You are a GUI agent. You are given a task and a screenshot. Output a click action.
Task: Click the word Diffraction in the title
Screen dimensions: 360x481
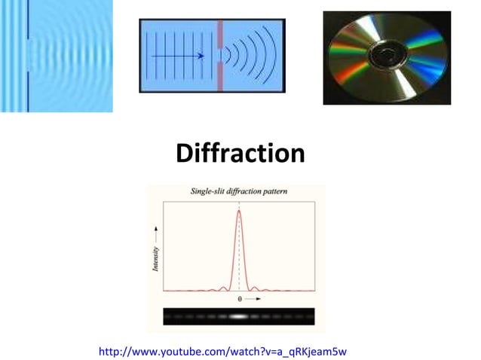[240, 154]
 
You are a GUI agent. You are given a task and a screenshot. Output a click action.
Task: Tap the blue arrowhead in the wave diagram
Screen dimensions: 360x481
[201, 56]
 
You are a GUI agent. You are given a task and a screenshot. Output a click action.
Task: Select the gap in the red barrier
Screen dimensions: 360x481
[220, 55]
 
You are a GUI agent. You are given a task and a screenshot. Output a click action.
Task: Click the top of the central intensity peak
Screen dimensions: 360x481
[239, 211]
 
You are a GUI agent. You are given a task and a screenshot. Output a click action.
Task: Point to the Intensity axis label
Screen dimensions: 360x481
[156, 259]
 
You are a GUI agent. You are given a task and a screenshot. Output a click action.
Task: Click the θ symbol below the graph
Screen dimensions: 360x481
[240, 299]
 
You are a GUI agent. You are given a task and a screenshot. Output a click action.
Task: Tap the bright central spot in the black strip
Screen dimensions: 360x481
[239, 317]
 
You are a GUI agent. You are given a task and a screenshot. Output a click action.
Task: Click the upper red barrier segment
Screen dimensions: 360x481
[220, 33]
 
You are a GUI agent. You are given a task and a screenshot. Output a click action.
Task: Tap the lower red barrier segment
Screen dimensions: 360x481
[220, 78]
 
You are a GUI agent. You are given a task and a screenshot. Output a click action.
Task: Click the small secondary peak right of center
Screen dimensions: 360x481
[254, 287]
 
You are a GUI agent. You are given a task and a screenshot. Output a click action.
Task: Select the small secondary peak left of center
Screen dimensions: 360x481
[224, 287]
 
